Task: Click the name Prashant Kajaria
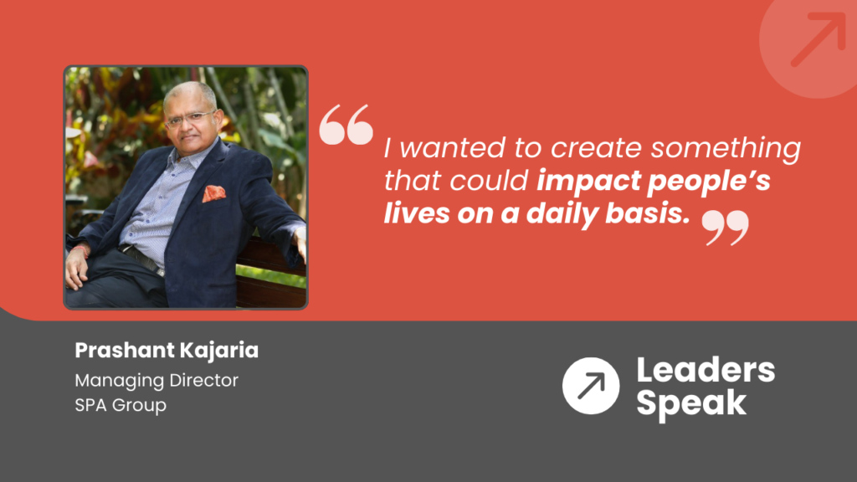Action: (x=167, y=351)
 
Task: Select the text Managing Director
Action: (x=157, y=381)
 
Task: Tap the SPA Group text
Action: (x=121, y=406)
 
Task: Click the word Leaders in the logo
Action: (x=705, y=370)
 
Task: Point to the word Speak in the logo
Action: (x=690, y=403)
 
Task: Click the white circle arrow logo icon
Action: (x=591, y=385)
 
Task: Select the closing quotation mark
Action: (x=725, y=227)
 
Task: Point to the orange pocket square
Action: (x=214, y=194)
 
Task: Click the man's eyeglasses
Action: (x=190, y=118)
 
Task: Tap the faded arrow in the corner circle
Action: (x=817, y=38)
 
